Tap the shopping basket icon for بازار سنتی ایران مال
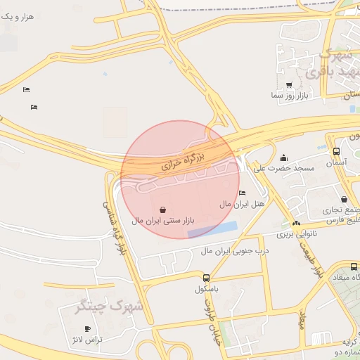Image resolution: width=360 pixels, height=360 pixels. [x=163, y=210]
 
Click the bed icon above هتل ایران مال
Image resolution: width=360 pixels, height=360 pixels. [x=243, y=193]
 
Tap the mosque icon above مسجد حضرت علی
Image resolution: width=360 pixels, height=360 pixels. [x=283, y=157]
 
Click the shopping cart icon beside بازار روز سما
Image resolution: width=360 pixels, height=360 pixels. [x=289, y=85]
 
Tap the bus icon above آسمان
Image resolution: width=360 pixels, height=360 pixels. [x=336, y=151]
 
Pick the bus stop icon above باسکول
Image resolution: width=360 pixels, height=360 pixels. [x=206, y=278]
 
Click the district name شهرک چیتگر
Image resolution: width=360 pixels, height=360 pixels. [x=108, y=307]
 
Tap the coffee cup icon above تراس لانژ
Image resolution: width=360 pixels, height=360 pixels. [x=87, y=328]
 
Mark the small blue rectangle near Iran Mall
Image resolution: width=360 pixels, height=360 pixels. [x=212, y=229]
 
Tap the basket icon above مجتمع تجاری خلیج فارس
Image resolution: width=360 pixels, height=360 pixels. [x=344, y=199]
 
